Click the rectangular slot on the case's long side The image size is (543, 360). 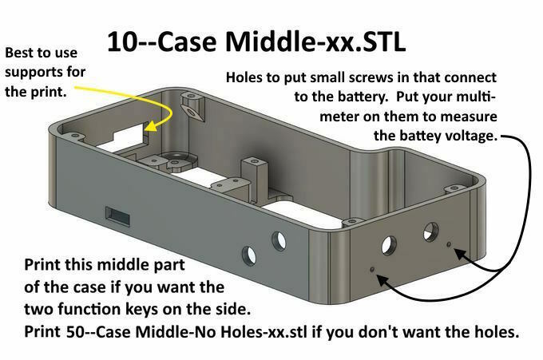(x=117, y=216)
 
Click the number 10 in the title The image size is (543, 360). (x=123, y=42)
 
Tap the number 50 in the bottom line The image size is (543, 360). (x=74, y=332)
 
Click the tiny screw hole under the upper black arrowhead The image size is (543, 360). (x=449, y=244)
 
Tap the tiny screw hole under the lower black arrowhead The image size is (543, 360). (x=372, y=269)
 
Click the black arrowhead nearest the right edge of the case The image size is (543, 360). (x=460, y=254)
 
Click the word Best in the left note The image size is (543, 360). (x=18, y=53)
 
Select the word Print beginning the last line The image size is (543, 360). (x=42, y=332)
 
